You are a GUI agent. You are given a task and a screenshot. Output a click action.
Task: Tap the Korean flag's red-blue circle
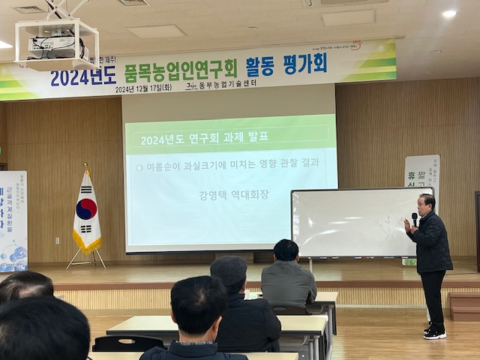pos(86,208)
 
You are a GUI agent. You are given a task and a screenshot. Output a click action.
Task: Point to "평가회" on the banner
pos(304,64)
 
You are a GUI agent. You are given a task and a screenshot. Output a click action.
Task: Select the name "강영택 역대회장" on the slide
pos(233,195)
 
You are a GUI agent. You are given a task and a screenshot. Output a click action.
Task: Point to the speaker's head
pos(426,203)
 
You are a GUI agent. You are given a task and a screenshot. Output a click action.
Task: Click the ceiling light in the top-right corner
pos(449,13)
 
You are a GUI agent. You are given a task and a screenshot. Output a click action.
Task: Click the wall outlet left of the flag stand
pos(56,240)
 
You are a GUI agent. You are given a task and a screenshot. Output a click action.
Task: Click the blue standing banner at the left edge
pos(13,220)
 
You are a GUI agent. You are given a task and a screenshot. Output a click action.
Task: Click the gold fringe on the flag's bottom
pos(87,243)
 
